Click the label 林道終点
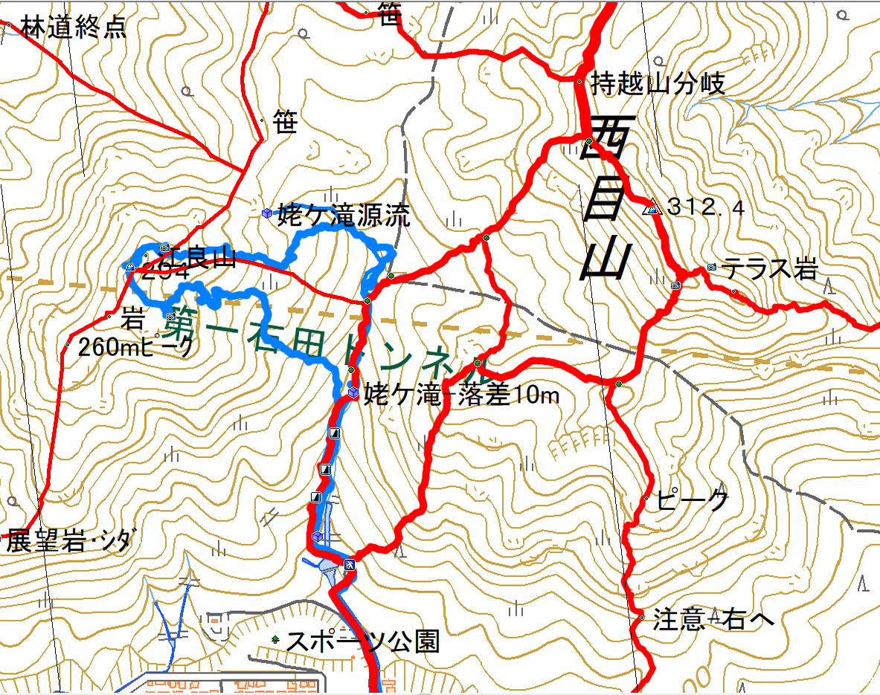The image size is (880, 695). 73,28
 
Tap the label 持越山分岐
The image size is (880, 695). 657,84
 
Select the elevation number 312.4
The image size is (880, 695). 705,207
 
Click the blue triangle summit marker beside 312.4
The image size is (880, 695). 652,210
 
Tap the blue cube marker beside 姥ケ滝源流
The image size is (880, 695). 266,213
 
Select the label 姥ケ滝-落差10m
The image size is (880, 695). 461,394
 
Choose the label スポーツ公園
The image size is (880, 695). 363,640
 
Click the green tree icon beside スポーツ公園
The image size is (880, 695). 276,639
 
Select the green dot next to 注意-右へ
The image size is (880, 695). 641,617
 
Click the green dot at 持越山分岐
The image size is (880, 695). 579,81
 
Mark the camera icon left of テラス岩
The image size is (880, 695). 712,266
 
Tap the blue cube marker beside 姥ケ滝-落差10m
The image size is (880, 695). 353,392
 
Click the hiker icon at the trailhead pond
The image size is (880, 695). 349,565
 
